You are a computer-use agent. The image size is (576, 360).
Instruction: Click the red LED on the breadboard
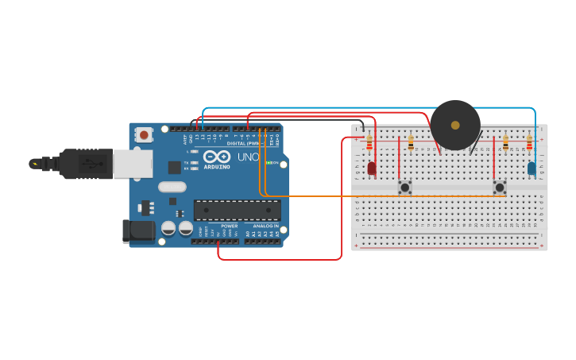coord(371,168)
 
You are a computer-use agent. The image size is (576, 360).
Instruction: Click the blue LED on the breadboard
coord(531,168)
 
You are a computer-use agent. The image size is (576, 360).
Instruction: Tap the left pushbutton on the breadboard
coord(405,188)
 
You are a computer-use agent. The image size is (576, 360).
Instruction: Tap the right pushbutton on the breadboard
coord(499,188)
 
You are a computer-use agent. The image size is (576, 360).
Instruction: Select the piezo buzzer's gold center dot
coord(455,125)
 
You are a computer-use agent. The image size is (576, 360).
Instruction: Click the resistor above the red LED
coord(369,144)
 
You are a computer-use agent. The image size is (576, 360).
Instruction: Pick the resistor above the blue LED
coord(529,144)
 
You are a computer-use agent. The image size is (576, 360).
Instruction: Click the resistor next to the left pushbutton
coord(411,143)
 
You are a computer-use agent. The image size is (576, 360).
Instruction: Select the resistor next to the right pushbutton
coord(505,144)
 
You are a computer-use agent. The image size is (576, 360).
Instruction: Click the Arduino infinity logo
coord(218,157)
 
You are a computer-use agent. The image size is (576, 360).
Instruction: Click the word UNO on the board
coord(248,157)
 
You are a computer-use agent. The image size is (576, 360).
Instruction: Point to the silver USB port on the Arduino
coord(132,164)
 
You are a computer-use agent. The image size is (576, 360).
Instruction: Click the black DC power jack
coord(137,231)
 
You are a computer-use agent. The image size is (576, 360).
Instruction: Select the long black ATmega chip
coord(237,211)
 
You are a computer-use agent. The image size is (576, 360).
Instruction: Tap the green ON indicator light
coord(269,163)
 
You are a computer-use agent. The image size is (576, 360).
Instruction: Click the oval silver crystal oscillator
coord(172,187)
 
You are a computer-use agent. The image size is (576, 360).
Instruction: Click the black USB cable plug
coord(87,164)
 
